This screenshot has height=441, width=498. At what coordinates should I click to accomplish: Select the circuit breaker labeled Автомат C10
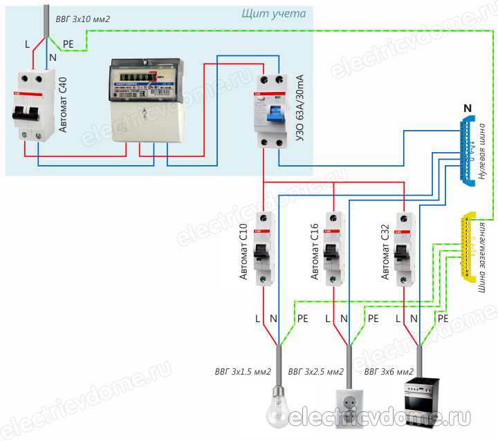coord(264,250)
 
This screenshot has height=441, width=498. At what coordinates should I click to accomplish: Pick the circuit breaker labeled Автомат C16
coord(333,250)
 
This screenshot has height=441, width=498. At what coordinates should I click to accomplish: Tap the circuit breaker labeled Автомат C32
coord(403,250)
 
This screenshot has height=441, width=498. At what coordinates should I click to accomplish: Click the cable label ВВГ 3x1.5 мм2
coord(241,373)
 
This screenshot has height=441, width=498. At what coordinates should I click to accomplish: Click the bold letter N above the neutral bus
coord(468,109)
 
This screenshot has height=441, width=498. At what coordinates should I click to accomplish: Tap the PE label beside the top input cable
coord(69,43)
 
